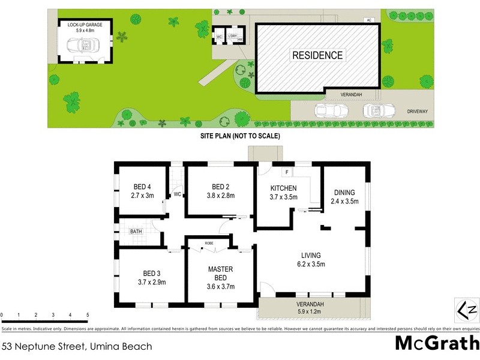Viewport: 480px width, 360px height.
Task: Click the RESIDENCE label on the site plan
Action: click(x=317, y=55)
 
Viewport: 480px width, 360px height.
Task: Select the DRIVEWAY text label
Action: click(x=419, y=111)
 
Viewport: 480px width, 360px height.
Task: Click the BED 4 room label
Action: click(x=142, y=186)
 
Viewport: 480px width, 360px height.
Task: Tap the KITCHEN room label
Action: click(x=283, y=188)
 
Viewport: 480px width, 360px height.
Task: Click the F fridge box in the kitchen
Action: click(x=288, y=173)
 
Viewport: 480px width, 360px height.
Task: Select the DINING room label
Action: click(x=344, y=193)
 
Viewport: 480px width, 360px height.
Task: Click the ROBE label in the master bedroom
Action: click(x=209, y=243)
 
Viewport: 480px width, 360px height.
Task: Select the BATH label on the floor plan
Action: click(x=136, y=231)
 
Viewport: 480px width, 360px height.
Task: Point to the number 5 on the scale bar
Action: click(x=88, y=315)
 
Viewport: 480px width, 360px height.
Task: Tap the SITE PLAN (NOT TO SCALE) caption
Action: click(x=240, y=136)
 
